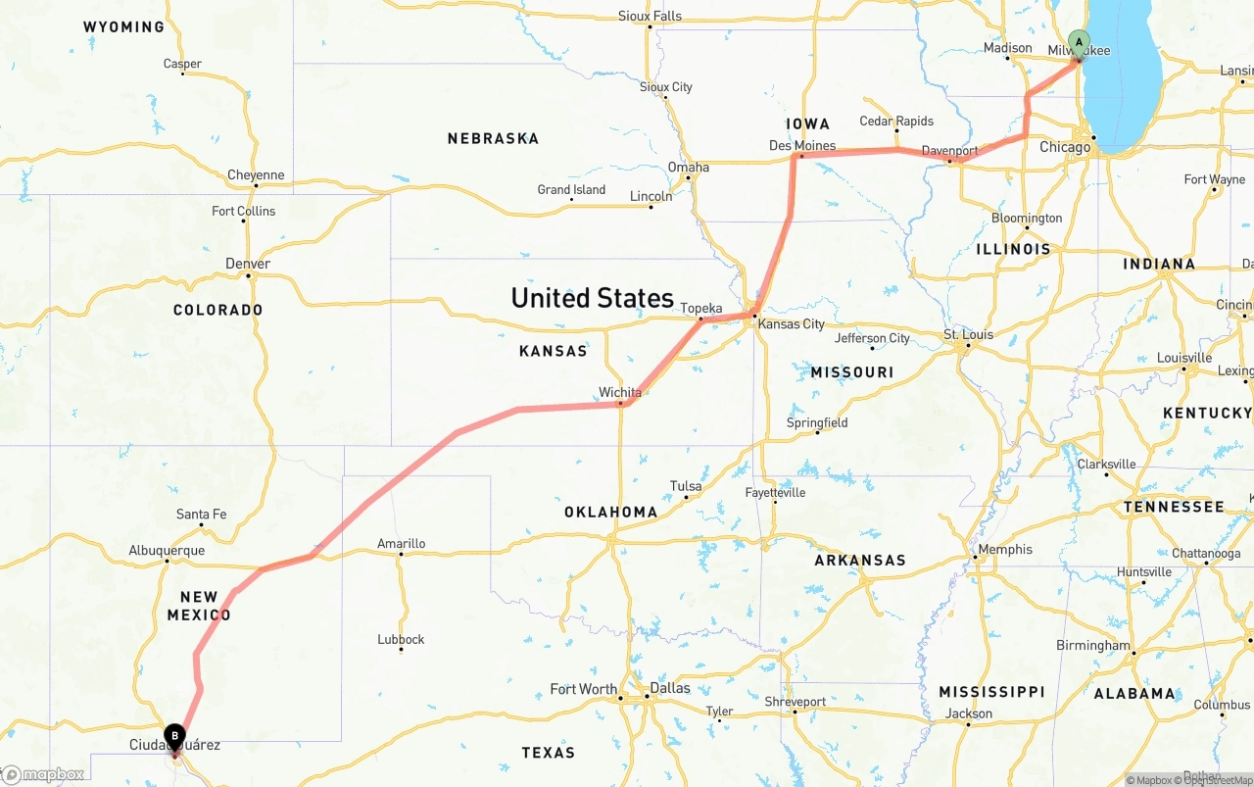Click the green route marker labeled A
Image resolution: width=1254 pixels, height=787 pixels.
point(1079,42)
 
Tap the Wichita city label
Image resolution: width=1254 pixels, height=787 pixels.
point(620,393)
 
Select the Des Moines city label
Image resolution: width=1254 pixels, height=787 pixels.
point(802,146)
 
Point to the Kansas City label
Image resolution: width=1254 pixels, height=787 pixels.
point(792,324)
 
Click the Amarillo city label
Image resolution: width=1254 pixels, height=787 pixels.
point(401,544)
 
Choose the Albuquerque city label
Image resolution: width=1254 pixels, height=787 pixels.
point(167,551)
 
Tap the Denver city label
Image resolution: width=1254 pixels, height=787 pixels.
point(248,264)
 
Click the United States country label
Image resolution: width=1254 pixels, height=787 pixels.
point(592,298)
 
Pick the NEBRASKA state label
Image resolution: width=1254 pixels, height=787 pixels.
point(493,139)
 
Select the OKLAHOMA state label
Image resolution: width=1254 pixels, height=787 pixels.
point(610,513)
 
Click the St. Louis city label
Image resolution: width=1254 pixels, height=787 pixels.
point(968,335)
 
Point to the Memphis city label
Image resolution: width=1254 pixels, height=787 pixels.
point(1005,550)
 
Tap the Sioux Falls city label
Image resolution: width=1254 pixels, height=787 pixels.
point(650,16)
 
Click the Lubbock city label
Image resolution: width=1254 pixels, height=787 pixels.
point(401,640)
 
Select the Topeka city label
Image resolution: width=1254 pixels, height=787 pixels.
point(701,309)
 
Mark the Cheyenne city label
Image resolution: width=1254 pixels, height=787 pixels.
point(256,175)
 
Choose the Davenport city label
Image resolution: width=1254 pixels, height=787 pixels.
point(949,151)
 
